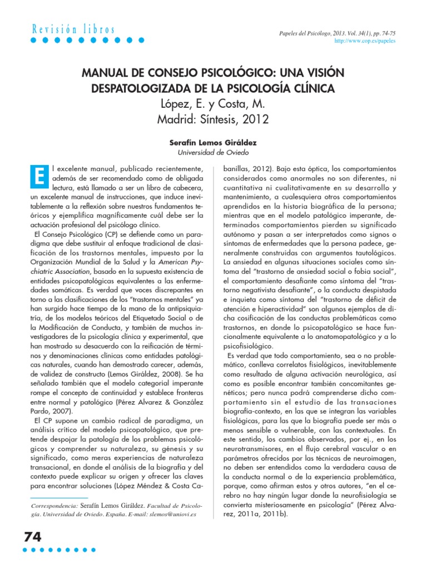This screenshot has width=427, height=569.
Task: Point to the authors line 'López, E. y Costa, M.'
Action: [x=213, y=104]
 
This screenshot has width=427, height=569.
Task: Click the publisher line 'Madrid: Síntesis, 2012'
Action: [x=213, y=119]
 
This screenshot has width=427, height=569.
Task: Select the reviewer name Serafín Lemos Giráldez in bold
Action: [x=213, y=142]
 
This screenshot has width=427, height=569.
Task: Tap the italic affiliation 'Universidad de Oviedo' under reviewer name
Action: [x=213, y=152]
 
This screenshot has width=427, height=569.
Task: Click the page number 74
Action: [x=33, y=538]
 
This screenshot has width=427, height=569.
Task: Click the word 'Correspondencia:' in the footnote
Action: [x=53, y=507]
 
